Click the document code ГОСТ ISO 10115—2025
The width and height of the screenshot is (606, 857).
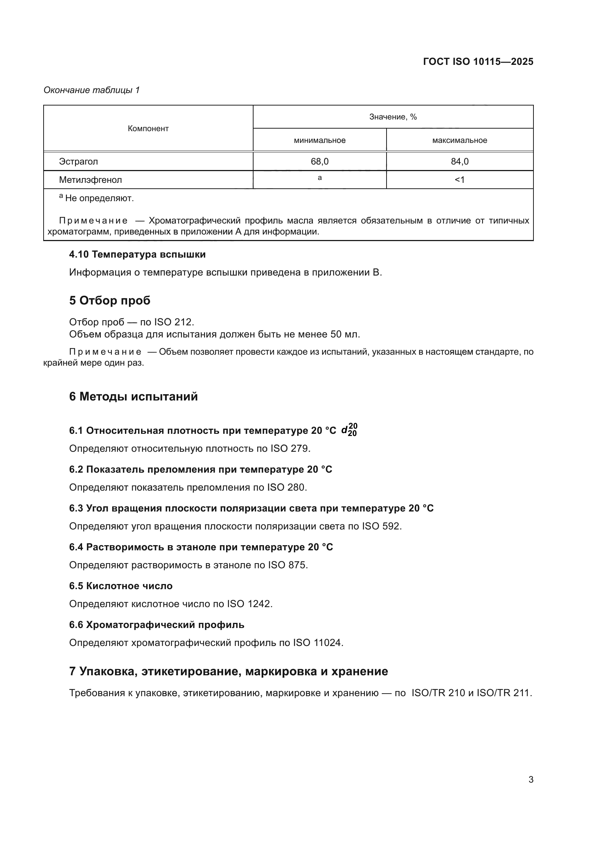click(x=478, y=62)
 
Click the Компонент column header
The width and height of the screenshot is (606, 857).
click(x=148, y=129)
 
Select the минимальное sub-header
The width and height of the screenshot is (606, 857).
click(x=319, y=140)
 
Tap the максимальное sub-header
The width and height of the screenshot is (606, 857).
click(x=459, y=140)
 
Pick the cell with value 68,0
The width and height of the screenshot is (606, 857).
click(x=319, y=162)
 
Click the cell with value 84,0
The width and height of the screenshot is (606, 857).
click(x=459, y=162)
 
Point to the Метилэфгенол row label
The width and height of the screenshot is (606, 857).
click(x=90, y=180)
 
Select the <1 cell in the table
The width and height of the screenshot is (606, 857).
click(x=459, y=180)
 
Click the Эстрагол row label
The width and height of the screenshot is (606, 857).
click(x=78, y=162)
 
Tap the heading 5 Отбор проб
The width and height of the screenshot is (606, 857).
click(x=110, y=300)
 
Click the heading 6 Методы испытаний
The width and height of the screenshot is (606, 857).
click(x=133, y=396)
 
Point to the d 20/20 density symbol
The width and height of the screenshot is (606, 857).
click(x=349, y=430)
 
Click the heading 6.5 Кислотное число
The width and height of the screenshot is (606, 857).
click(x=121, y=586)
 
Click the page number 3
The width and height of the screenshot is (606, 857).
click(x=531, y=780)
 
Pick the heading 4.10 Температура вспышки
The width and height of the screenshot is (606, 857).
click(x=137, y=255)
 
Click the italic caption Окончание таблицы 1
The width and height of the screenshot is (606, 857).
click(x=92, y=90)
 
